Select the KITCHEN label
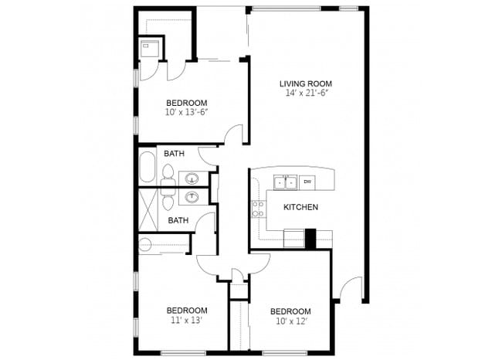[x=300, y=207]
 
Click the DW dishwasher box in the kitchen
[x=307, y=182]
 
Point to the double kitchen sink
[x=285, y=183]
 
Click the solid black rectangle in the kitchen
[x=311, y=239]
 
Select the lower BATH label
[x=178, y=220]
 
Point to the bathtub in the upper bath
[x=148, y=166]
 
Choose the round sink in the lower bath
[x=192, y=198]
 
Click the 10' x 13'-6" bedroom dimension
[x=186, y=113]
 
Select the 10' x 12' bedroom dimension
[x=290, y=321]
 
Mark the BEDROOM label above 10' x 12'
[x=290, y=311]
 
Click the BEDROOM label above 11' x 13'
[x=186, y=310]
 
